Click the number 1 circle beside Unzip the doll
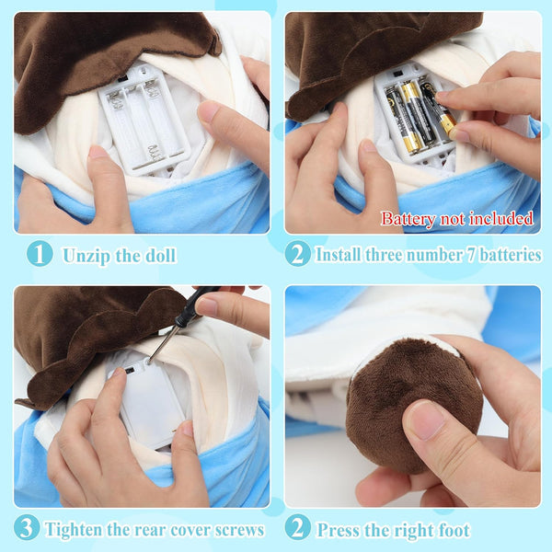coord(39,253)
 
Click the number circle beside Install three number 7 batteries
coord(298,253)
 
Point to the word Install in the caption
coord(339,254)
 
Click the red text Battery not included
coord(456,219)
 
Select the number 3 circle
coord(28,528)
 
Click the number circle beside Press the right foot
coord(298,529)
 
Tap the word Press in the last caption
coord(338,530)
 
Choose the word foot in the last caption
coord(452,530)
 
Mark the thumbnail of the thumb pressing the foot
coord(426,420)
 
